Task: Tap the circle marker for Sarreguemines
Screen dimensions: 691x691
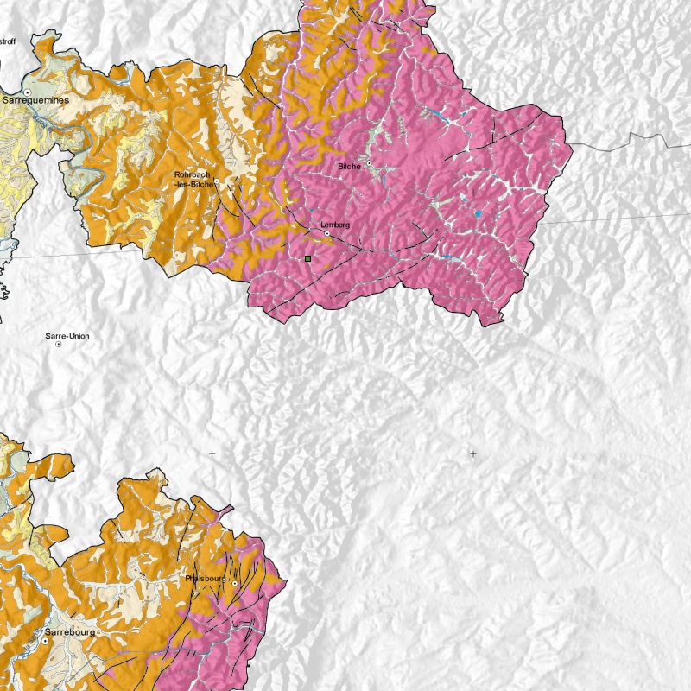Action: [28, 92]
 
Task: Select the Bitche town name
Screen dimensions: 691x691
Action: [349, 166]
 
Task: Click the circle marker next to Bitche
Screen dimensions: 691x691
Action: [369, 163]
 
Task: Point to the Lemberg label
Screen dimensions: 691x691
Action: [335, 225]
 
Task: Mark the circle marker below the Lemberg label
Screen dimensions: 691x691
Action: [327, 233]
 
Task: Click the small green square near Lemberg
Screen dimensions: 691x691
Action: [307, 257]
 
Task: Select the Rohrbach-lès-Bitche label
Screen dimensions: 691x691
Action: [192, 179]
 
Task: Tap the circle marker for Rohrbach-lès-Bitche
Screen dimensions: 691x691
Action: [214, 184]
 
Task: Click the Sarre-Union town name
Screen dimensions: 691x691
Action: [67, 336]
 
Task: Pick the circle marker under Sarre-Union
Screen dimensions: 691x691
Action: [58, 344]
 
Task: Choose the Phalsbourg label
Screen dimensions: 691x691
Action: [206, 579]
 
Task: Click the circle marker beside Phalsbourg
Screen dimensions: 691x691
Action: [233, 584]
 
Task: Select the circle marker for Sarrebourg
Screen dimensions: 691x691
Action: [45, 642]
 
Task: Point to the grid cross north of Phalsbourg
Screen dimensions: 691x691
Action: [212, 453]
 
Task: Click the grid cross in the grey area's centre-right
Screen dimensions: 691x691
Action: [472, 453]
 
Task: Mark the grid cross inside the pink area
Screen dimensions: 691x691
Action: [472, 192]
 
